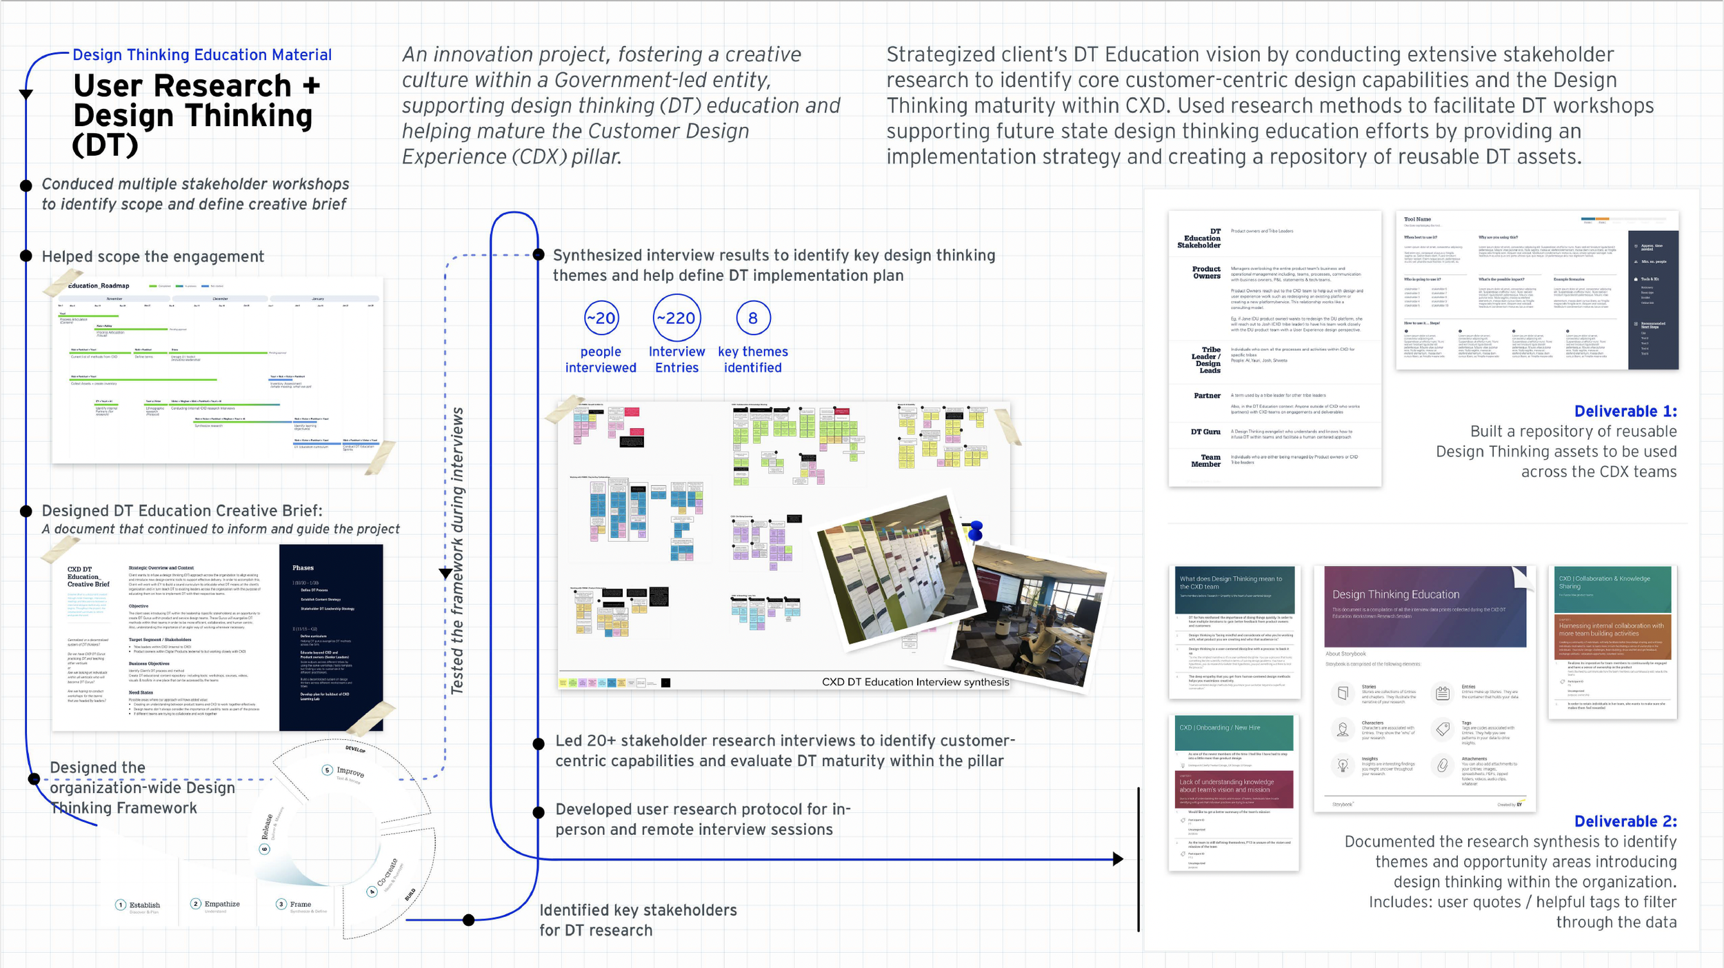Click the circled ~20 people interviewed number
[601, 318]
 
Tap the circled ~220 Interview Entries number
[676, 318]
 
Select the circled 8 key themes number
[752, 318]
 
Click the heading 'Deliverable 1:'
[1625, 412]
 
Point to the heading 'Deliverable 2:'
[1625, 821]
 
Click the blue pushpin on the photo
[976, 531]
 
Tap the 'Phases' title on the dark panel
[303, 568]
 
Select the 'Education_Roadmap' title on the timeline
[99, 286]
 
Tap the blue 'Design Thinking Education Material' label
[202, 55]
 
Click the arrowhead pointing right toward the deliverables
[1118, 859]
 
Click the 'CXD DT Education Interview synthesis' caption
[915, 682]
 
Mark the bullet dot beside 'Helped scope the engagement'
[26, 256]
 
